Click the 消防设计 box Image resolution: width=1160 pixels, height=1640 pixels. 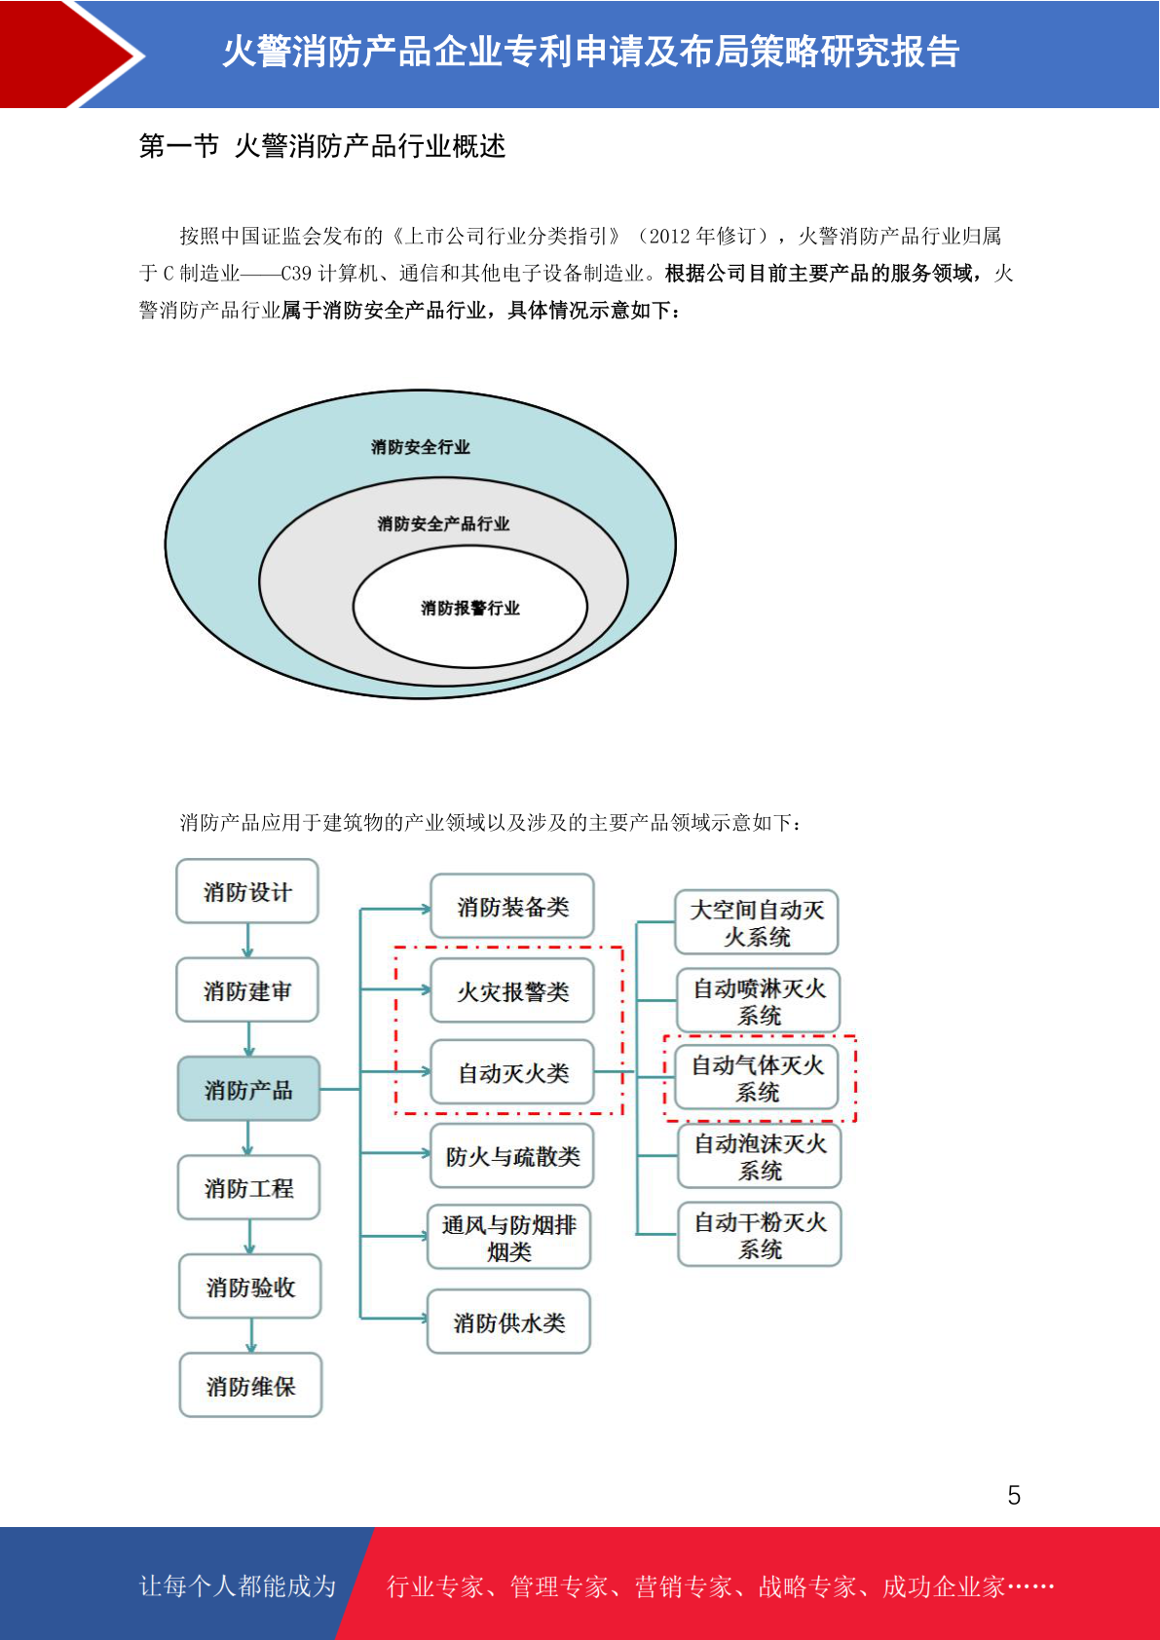tap(247, 891)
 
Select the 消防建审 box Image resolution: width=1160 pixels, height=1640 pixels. tap(247, 989)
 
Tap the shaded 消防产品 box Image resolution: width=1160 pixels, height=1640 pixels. tap(248, 1089)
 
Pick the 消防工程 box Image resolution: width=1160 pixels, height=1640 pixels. tap(249, 1187)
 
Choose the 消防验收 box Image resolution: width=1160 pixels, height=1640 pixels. tap(250, 1286)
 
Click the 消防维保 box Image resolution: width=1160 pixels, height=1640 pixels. tap(250, 1385)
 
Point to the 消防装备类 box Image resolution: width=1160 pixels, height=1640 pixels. tap(512, 907)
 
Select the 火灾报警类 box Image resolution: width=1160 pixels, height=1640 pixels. tap(512, 990)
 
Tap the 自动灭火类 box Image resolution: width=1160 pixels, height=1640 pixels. tap(512, 1072)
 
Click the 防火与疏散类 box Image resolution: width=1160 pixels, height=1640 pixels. tap(512, 1156)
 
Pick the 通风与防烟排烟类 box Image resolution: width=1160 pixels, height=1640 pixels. tap(509, 1238)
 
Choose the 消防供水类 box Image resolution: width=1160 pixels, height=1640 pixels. tap(509, 1322)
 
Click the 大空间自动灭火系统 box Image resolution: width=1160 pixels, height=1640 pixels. tap(757, 922)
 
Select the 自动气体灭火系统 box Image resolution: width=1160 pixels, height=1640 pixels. tap(757, 1078)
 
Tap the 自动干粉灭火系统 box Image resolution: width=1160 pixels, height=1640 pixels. tap(760, 1235)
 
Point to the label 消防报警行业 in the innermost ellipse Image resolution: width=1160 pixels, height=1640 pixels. tap(470, 608)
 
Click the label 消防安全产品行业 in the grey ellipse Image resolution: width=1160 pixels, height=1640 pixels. tap(443, 524)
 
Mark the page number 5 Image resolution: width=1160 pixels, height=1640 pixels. tap(1014, 1495)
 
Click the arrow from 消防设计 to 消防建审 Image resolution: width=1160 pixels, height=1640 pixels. tap(247, 941)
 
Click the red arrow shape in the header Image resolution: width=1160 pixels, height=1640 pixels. tap(69, 55)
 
